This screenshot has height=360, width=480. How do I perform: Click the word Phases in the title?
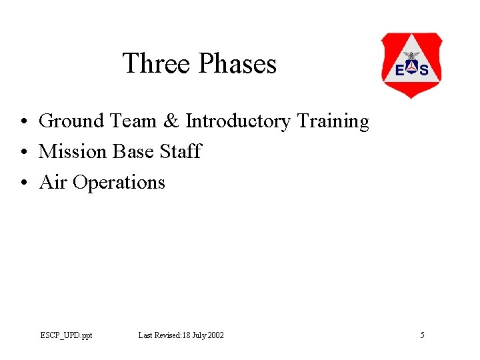237,64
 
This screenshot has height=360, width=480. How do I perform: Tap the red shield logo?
411,65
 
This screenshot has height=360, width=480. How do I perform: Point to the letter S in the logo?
424,70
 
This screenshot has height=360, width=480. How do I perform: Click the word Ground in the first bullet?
71,121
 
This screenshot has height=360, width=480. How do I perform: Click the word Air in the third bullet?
53,183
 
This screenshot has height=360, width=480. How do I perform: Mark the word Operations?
119,183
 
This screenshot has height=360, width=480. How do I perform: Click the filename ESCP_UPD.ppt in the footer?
66,335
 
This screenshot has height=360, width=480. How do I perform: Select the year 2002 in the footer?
215,335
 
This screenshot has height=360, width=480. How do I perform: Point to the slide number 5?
422,335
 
